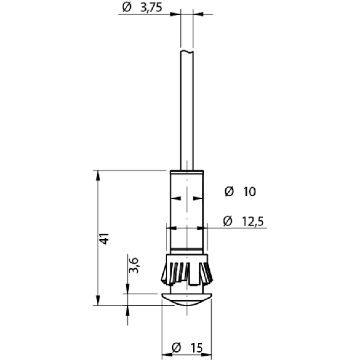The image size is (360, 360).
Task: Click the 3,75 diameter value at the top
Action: click(x=152, y=8)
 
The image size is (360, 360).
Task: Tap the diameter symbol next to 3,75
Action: click(x=126, y=8)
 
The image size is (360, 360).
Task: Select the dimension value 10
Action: click(x=249, y=192)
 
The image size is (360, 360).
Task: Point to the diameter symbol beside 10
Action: click(x=229, y=191)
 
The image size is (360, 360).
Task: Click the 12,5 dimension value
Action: click(x=253, y=222)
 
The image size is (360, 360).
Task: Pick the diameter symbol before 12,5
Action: click(x=227, y=221)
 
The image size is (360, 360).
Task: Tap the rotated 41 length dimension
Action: click(x=104, y=239)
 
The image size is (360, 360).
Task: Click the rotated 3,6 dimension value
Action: click(x=133, y=265)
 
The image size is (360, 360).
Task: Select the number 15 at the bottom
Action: click(x=197, y=348)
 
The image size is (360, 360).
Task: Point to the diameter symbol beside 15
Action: click(x=177, y=347)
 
